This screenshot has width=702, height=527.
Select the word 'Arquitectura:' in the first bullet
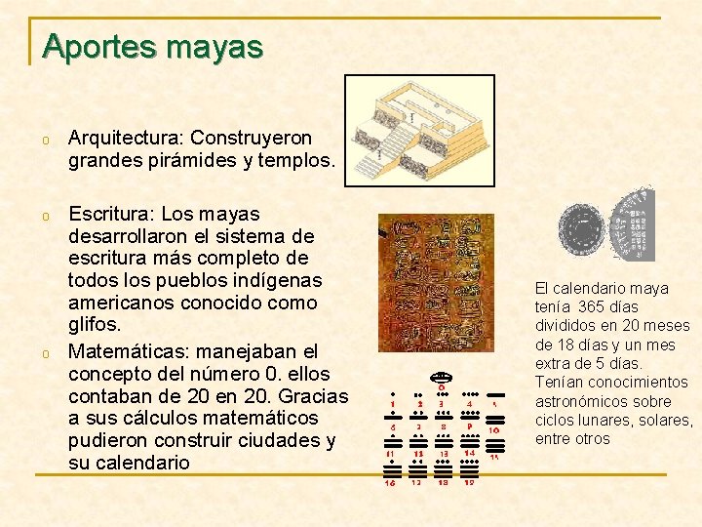[x=126, y=138]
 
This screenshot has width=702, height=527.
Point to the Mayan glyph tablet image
[x=436, y=284]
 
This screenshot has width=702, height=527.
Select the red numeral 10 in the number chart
[x=494, y=430]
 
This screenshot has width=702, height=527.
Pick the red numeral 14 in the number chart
[x=469, y=452]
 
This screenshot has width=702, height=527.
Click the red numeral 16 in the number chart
[x=390, y=482]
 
